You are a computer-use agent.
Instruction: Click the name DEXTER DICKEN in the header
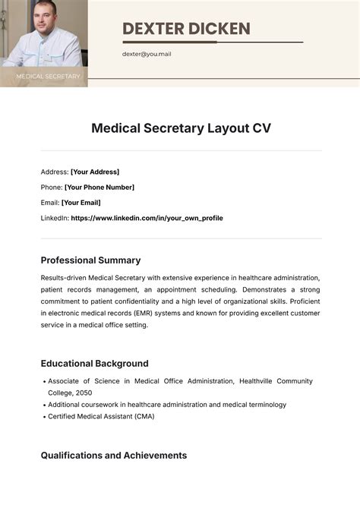186,29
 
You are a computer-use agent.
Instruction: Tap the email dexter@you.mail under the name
147,54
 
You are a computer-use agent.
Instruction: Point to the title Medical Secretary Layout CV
181,128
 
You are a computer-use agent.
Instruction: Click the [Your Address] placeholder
95,172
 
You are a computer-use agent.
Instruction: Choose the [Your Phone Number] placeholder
99,187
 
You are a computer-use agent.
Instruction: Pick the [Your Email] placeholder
81,203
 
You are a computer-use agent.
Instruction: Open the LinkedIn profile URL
147,218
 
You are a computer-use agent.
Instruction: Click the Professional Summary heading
90,260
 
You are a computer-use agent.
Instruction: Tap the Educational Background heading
94,364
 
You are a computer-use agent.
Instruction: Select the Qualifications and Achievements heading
113,456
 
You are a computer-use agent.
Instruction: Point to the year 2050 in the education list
85,393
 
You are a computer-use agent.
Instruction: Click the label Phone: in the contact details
52,187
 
